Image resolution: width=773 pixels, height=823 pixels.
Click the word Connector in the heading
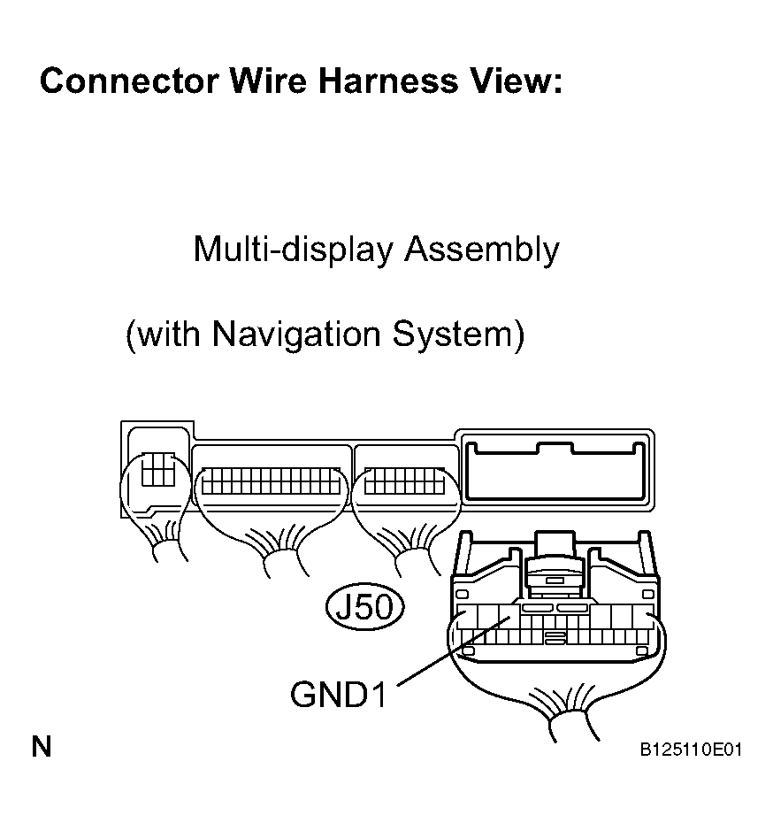pyautogui.click(x=129, y=81)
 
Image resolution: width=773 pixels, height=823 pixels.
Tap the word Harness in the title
pyautogui.click(x=388, y=81)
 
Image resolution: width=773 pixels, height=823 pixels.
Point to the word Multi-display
pyautogui.click(x=293, y=249)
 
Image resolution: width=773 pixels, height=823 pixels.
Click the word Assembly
pyautogui.click(x=482, y=249)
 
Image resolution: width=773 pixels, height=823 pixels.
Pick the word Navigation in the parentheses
pyautogui.click(x=296, y=335)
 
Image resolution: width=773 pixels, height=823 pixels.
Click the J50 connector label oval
pyautogui.click(x=365, y=607)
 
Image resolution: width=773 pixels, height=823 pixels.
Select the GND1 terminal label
pyautogui.click(x=338, y=694)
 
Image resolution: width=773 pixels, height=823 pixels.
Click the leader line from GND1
pyautogui.click(x=454, y=651)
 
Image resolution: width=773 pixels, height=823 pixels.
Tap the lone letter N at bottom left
pyautogui.click(x=42, y=746)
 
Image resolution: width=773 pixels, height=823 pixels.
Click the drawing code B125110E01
pyautogui.click(x=691, y=750)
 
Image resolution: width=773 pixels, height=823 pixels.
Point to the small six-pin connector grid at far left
pyautogui.click(x=158, y=470)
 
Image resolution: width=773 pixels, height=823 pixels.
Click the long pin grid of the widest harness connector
pyautogui.click(x=272, y=481)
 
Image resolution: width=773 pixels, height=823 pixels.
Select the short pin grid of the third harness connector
pyautogui.click(x=404, y=481)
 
